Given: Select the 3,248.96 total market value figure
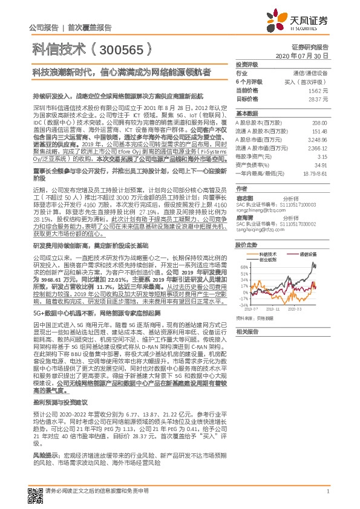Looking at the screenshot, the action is point(317,138).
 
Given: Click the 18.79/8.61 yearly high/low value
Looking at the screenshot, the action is point(315,172).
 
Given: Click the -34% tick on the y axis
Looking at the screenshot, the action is point(243,306).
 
